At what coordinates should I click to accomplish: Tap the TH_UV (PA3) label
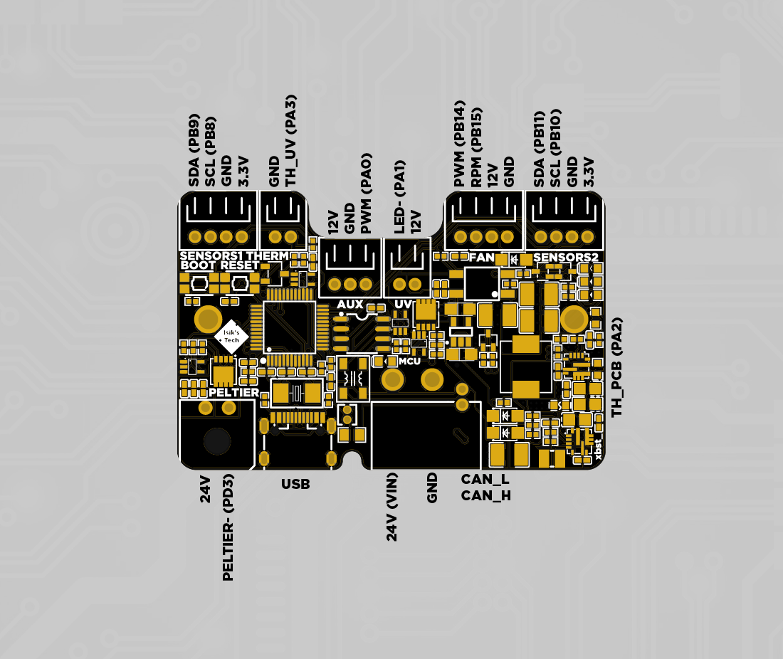290,141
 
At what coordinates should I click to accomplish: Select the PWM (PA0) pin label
366,193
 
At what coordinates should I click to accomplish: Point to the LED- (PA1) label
399,196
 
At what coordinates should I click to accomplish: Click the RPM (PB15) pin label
476,147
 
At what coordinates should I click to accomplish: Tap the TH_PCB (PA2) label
617,367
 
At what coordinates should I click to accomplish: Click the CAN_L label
485,480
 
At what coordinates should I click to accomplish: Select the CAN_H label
485,495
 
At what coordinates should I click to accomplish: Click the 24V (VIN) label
391,506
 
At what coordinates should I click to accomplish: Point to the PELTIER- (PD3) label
228,527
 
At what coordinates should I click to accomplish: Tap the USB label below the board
295,485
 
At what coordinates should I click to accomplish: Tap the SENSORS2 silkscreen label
565,257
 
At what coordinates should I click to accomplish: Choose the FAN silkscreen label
482,257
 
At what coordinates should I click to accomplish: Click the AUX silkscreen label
350,305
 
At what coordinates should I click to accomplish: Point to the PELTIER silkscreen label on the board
234,392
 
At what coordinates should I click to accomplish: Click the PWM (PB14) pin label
460,144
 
